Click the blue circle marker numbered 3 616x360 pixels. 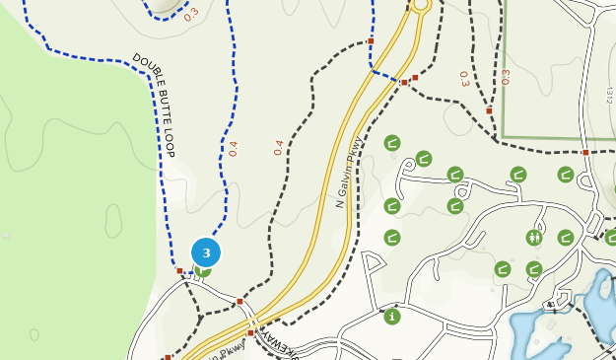pos(206,252)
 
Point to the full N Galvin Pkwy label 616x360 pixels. pos(348,172)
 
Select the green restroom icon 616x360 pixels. pos(534,237)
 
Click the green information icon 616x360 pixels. pos(392,317)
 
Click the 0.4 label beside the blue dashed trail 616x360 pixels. pos(233,148)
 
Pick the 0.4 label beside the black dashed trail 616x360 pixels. pos(279,147)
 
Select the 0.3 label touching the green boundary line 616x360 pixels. pos(506,76)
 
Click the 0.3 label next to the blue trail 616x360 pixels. pos(191,14)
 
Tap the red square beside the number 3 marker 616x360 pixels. pos(179,270)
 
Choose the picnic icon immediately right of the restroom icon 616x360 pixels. pos(566,237)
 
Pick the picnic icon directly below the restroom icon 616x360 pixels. pos(534,268)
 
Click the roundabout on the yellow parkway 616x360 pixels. pos(421,5)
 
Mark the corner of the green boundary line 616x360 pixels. pos(503,137)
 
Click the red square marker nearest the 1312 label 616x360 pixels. pos(585,152)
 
